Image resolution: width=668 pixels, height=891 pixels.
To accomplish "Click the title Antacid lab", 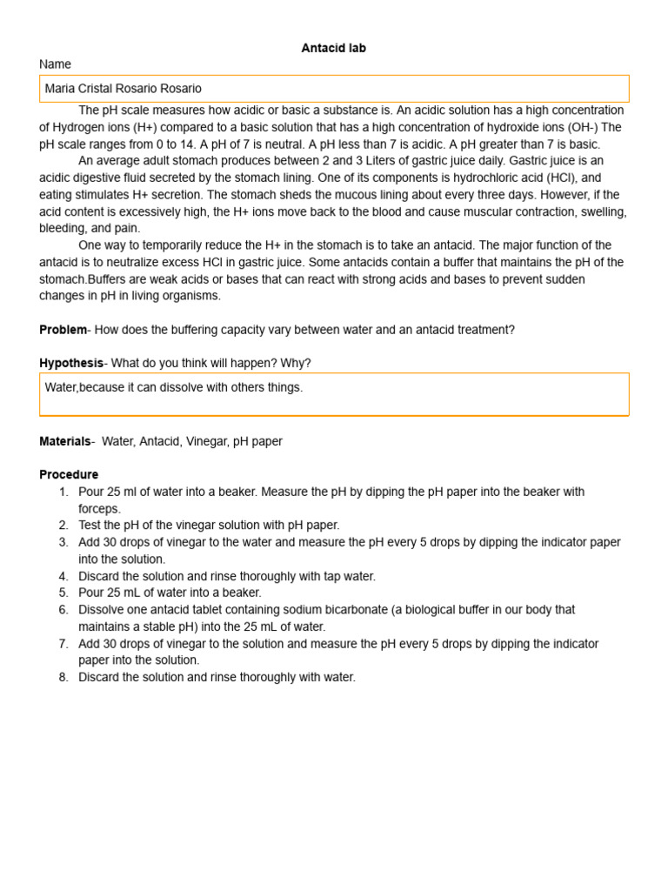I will pyautogui.click(x=333, y=48).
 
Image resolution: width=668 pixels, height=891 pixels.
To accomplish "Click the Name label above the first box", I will pyautogui.click(x=55, y=64).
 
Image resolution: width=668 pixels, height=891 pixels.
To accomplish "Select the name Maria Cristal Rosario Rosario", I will pyautogui.click(x=123, y=89).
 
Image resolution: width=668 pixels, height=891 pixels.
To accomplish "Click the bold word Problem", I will pyautogui.click(x=63, y=330).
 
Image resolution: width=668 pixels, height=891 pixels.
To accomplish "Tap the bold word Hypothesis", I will pyautogui.click(x=70, y=363).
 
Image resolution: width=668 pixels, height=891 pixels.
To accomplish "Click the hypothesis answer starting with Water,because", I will pyautogui.click(x=174, y=387).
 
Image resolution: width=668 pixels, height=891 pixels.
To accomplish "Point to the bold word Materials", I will pyautogui.click(x=64, y=441).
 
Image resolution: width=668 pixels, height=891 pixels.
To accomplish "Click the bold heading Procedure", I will pyautogui.click(x=69, y=474).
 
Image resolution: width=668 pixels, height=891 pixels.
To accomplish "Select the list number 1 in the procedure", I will pyautogui.click(x=63, y=492).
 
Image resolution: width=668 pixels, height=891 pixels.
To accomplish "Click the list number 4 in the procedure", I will pyautogui.click(x=63, y=576).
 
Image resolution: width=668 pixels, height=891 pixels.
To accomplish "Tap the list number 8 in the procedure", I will pyautogui.click(x=63, y=677).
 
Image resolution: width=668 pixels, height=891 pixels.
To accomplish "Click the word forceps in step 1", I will pyautogui.click(x=99, y=508).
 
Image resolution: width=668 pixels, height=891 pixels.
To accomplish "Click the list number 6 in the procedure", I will pyautogui.click(x=63, y=610).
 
